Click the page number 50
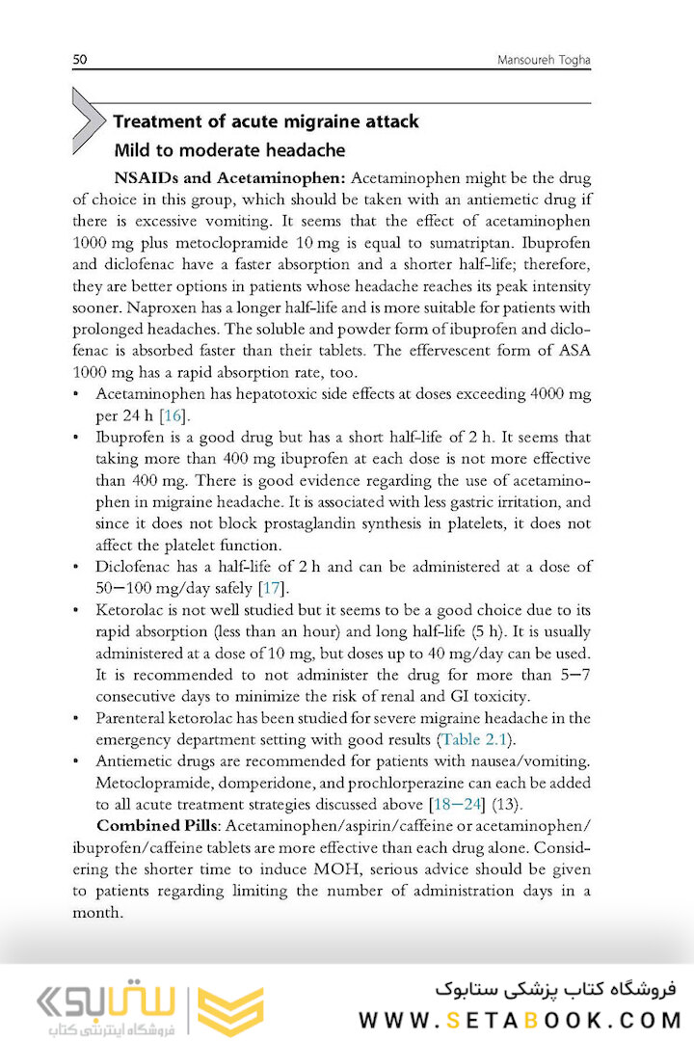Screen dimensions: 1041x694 click(80, 60)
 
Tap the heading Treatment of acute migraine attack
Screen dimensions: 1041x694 click(266, 121)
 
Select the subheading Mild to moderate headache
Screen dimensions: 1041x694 click(229, 150)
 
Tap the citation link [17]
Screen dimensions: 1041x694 click(273, 588)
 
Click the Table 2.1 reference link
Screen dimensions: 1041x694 click(475, 739)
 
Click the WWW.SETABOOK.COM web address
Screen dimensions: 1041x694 click(520, 1020)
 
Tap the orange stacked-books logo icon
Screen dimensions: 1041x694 click(230, 1010)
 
